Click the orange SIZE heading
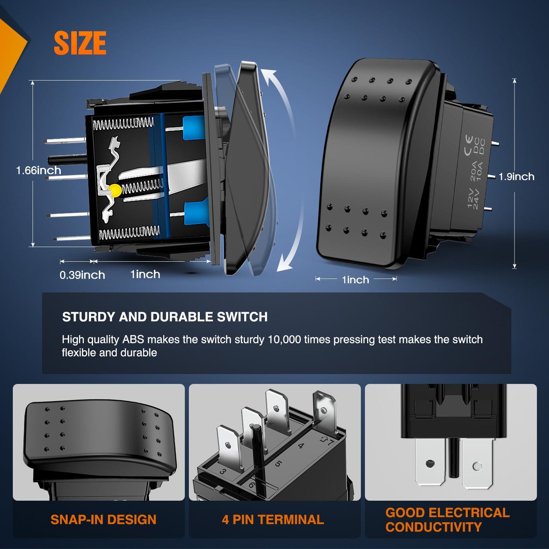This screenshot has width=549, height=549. pos(80,43)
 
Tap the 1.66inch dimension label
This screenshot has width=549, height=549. pos(38,170)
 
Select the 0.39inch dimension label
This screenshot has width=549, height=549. pos(82,275)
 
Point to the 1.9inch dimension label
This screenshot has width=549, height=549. pos(516,176)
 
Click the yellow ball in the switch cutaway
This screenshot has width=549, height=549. pos(115,190)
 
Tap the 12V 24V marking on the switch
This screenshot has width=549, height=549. pos(473,198)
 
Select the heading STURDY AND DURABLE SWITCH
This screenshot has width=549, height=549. pos(165,317)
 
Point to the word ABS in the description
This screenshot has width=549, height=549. pos(133,339)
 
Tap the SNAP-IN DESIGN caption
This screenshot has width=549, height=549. pos(103,520)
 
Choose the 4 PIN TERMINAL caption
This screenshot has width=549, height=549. pos(273,520)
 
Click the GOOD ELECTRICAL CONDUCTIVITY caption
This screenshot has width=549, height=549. pos(447,520)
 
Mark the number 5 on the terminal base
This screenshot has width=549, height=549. pos(278,464)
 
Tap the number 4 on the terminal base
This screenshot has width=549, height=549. pos(301,446)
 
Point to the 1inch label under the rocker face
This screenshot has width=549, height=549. pos(355,280)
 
